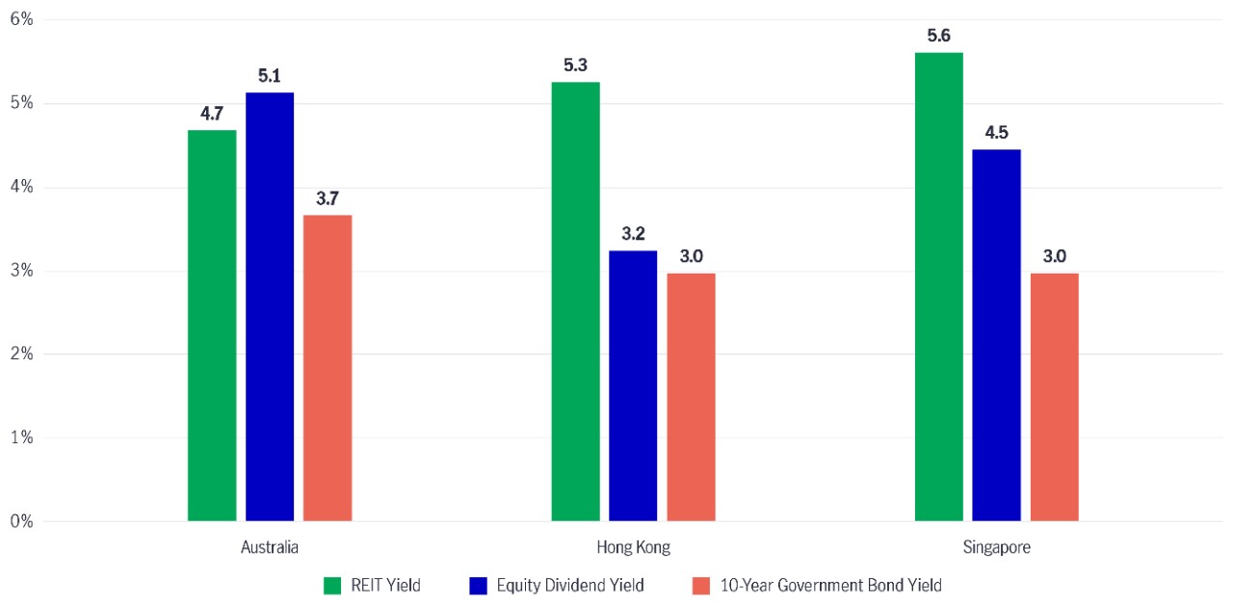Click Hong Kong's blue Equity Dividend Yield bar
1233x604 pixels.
click(633, 385)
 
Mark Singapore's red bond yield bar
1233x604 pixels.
click(1054, 397)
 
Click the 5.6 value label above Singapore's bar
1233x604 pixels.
click(938, 36)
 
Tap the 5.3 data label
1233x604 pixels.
click(575, 66)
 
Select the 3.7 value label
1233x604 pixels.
click(328, 198)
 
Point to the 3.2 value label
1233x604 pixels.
click(633, 234)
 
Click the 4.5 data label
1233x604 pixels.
click(996, 133)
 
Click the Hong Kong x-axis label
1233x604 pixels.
click(633, 547)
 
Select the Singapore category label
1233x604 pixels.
click(996, 547)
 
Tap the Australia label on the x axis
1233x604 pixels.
click(270, 547)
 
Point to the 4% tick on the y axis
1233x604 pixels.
click(21, 187)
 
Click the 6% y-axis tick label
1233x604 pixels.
click(21, 19)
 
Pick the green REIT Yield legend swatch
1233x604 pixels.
click(332, 585)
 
